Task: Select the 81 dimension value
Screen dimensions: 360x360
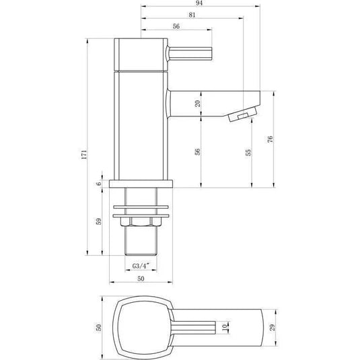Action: coord(192,15)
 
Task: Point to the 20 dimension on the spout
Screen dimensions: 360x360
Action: coord(197,104)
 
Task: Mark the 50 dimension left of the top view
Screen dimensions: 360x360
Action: coord(98,327)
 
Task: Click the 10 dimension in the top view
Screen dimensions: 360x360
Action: coord(226,328)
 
